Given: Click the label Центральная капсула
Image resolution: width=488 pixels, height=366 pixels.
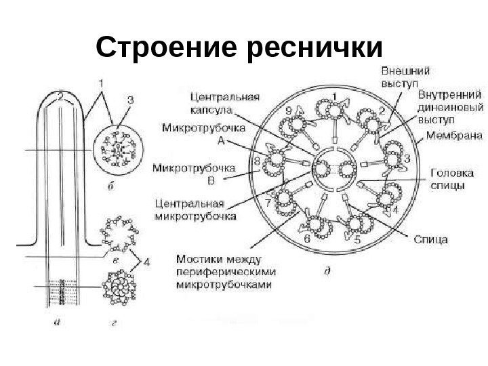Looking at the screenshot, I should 224,102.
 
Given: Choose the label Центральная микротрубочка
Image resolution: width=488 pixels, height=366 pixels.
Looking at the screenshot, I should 196,209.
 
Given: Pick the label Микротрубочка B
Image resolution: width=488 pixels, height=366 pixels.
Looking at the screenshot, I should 193,173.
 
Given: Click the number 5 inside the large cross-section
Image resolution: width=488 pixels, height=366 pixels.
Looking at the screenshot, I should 357,239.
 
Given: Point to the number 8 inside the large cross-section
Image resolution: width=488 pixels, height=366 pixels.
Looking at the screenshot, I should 257,161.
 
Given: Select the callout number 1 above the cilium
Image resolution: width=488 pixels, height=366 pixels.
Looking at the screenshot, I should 102,83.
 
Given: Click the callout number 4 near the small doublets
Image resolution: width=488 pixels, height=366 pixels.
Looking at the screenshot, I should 148,259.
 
